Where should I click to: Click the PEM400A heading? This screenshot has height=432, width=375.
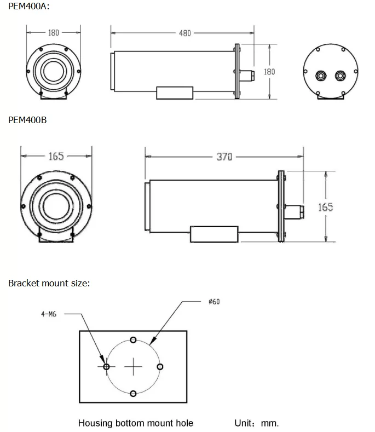27,7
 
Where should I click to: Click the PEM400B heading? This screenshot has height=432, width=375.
27,120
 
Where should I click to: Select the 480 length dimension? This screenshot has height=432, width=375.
185,33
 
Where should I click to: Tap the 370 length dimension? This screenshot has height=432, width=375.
224,157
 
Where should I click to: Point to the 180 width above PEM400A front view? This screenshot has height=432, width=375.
53,33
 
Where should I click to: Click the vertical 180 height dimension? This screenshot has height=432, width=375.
269,72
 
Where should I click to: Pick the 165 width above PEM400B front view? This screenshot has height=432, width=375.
56,157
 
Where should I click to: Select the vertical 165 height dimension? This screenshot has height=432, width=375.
326,207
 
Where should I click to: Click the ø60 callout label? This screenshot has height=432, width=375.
214,302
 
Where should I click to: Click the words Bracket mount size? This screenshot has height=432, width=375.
49,283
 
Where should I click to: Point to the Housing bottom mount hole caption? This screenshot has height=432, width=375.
136,423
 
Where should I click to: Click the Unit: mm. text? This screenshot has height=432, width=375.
256,423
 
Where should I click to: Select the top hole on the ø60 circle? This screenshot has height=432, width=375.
133,340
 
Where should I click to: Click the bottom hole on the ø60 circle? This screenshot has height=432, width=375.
133,393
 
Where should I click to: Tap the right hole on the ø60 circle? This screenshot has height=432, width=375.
160,366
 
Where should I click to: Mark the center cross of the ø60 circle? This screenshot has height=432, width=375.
133,366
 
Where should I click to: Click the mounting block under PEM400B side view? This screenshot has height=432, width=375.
214,234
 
